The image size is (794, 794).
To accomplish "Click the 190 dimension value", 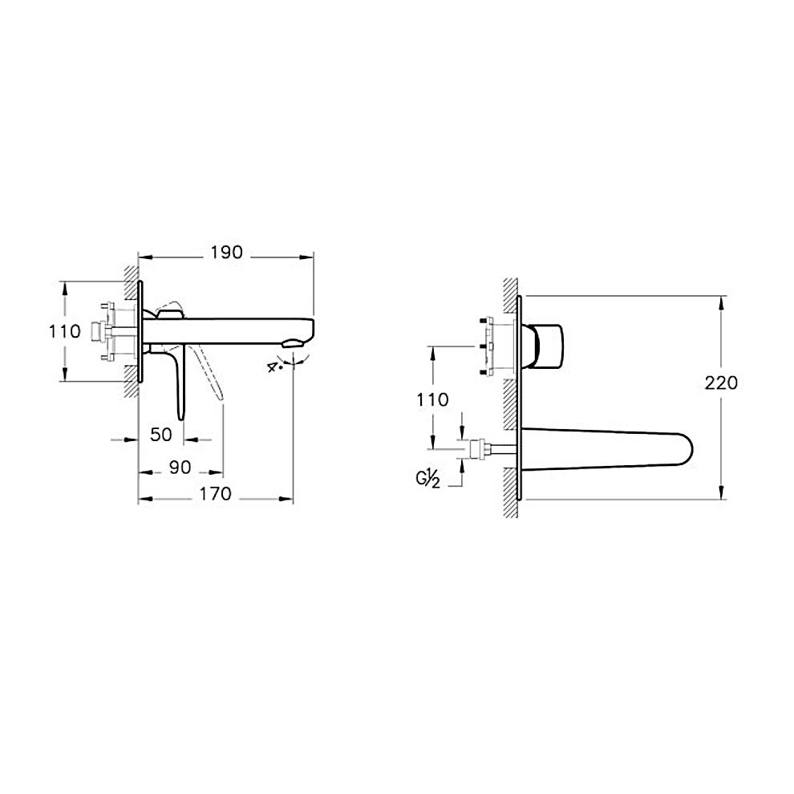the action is point(227,252).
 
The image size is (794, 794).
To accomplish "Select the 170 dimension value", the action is point(215,493).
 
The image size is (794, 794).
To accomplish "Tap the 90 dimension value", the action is point(180,467).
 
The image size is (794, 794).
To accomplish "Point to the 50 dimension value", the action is point(161,435).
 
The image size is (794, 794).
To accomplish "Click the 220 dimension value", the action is point(721,383).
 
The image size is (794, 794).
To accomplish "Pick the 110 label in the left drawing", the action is point(65,332).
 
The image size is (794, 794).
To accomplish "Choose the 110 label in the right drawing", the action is point(432,400).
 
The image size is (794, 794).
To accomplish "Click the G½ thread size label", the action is point(428,479).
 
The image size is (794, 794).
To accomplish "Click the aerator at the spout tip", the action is point(293,344).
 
